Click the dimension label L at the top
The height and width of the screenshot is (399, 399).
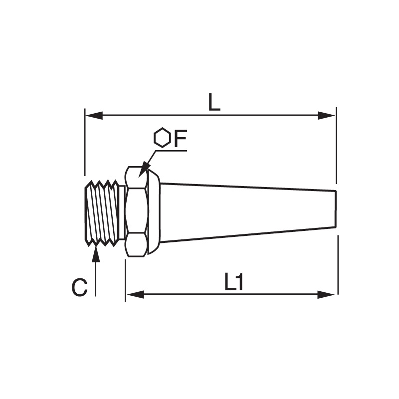(x=214, y=102)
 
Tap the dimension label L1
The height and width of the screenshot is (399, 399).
(x=234, y=281)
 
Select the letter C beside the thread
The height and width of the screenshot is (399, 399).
(x=80, y=288)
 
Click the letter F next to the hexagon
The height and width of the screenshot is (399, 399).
(x=180, y=139)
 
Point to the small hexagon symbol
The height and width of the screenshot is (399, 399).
(x=162, y=138)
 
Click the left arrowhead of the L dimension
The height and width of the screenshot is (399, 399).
(x=94, y=116)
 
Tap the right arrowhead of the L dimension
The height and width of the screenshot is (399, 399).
(x=327, y=116)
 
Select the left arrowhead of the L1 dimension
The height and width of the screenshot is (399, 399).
(x=135, y=295)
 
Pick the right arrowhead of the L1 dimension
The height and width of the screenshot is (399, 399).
(x=327, y=295)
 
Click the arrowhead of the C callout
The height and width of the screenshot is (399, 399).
(x=96, y=253)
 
